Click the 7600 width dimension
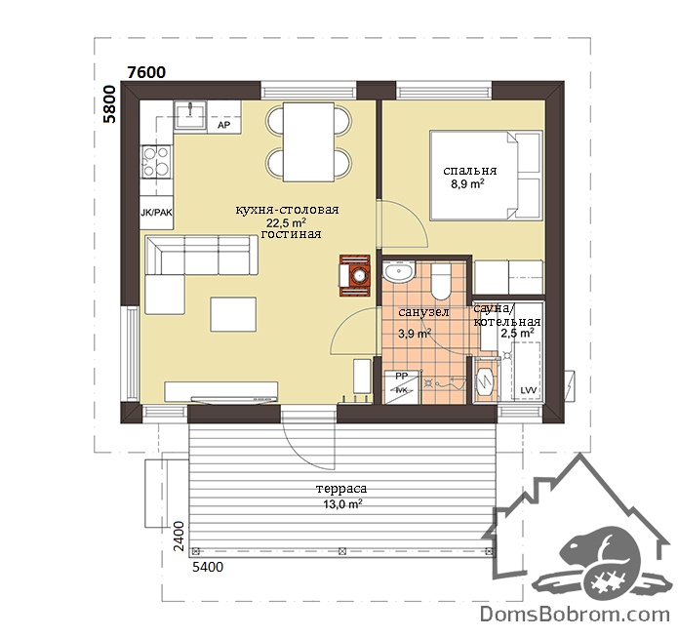tap(146, 72)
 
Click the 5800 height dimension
tap(110, 104)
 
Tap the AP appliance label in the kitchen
tap(223, 126)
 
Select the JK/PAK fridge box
tap(156, 213)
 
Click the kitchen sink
tap(190, 115)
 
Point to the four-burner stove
tap(156, 161)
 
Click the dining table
tap(308, 141)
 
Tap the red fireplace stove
tap(354, 275)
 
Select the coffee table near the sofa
tap(233, 314)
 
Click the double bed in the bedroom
tap(486, 176)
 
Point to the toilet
tap(442, 281)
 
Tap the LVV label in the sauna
tap(529, 390)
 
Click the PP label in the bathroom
tap(402, 377)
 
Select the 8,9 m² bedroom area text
tap(467, 183)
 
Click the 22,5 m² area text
tap(286, 222)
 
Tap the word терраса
tap(341, 489)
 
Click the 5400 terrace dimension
tap(208, 567)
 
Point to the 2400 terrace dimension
tap(179, 537)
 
